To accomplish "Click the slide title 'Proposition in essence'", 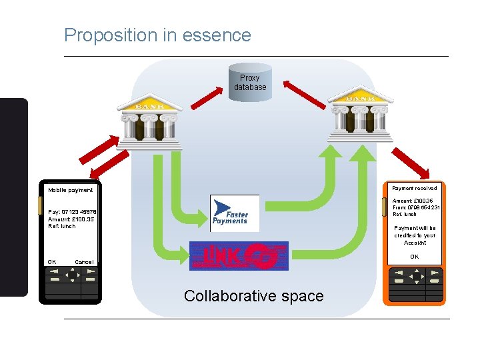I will pyautogui.click(x=157, y=35).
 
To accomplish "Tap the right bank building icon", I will pyautogui.click(x=359, y=113).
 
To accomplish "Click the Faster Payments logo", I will pyautogui.click(x=234, y=213).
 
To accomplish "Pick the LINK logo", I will pyautogui.click(x=239, y=256).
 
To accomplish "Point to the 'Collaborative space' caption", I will pyautogui.click(x=253, y=296).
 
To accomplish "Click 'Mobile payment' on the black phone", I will pyautogui.click(x=71, y=190).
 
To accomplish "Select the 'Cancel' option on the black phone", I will pyautogui.click(x=85, y=262).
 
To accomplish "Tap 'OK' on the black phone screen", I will pyautogui.click(x=52, y=262).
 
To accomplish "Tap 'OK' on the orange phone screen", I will pyautogui.click(x=415, y=257).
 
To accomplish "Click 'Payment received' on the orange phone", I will pyautogui.click(x=415, y=188).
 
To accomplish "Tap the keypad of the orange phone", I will pyautogui.click(x=415, y=283).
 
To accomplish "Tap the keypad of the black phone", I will pyautogui.click(x=71, y=283).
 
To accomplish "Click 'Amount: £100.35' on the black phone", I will pyautogui.click(x=71, y=219).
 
